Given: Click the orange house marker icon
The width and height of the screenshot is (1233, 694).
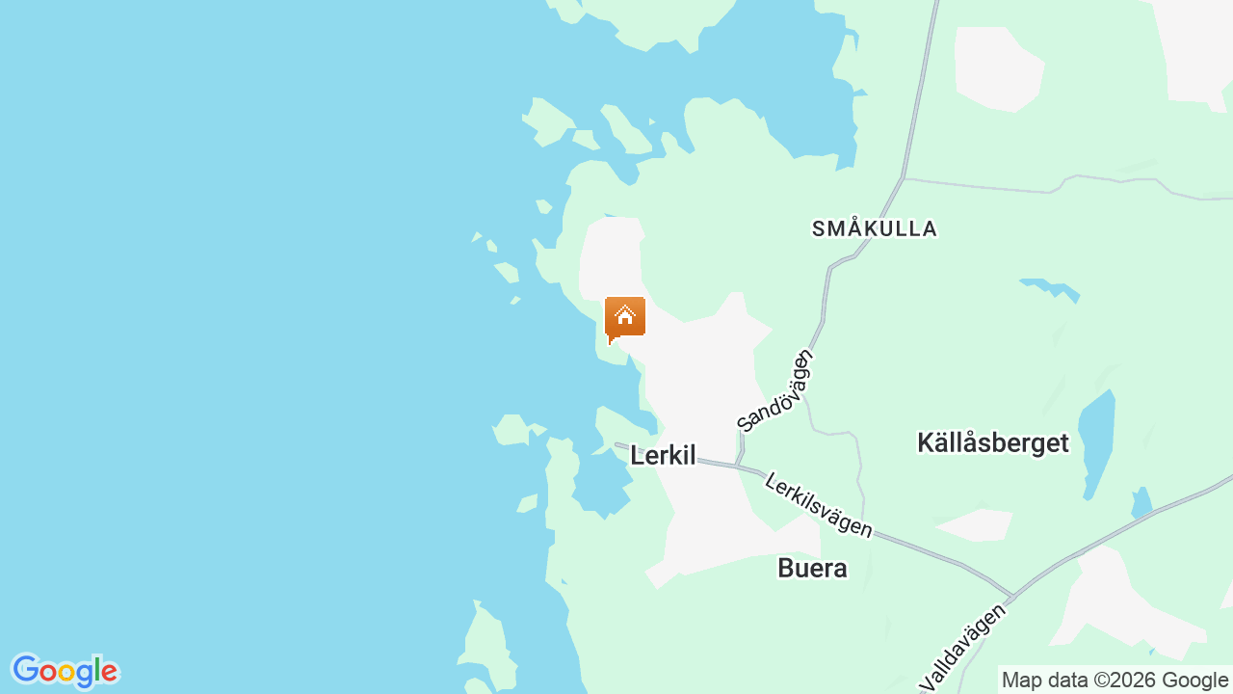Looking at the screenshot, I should pos(625,317).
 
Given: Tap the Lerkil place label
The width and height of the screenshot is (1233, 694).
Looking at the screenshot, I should pos(663,456).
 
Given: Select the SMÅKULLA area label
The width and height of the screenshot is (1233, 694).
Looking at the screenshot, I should pos(874,228).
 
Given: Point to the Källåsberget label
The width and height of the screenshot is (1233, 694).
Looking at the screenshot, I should pos(993,442).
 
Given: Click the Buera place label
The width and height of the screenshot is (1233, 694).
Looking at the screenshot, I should pos(812,569).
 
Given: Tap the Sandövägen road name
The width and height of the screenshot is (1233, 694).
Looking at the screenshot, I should pos(775,389).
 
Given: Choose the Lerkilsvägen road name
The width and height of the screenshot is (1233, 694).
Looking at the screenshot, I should pos(818,504).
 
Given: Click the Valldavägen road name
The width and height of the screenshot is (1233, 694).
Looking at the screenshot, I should pos(966,646).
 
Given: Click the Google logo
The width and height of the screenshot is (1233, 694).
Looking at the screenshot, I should pos(65,671).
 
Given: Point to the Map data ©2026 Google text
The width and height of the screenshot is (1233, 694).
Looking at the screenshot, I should pos(1115,680).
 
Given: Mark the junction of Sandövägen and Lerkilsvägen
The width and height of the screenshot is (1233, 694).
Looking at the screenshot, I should pos(738,467).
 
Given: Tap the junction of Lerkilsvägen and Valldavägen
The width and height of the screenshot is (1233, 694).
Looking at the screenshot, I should pos(1012,596).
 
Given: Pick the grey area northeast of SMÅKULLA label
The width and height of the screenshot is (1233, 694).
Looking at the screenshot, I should pos(998,67).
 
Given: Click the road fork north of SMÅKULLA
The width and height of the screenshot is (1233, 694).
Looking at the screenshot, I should pos(903,177).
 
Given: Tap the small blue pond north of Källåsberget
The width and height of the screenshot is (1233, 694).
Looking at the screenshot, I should pos(1049,286).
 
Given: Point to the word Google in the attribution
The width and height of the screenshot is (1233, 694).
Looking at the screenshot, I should pos(1194,680).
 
